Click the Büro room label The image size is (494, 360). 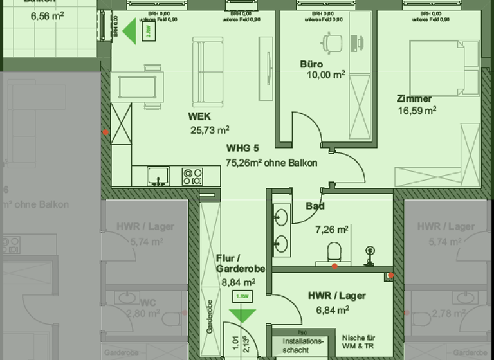point(311,64)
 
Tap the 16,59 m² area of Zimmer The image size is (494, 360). point(417,110)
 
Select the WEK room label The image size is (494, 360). point(199,116)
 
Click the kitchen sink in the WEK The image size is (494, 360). point(158,175)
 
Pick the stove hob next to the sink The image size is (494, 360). point(192,175)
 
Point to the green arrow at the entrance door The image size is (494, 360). point(242,314)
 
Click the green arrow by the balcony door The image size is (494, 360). point(131,32)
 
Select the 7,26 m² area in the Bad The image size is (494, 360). point(332,229)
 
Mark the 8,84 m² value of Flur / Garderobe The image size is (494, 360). point(238,282)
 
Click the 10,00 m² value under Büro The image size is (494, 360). point(326,75)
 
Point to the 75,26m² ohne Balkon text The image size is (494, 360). point(271,163)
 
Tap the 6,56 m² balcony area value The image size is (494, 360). point(47,16)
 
